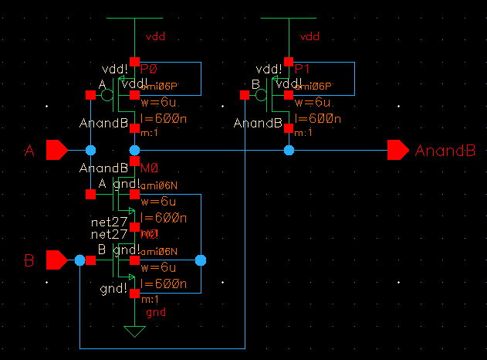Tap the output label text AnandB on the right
coord(445,151)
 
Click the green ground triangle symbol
coord(135,331)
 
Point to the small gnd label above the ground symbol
coord(155,312)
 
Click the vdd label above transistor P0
coord(156,36)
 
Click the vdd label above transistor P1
coord(309,36)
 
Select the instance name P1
coord(303,69)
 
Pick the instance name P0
coord(149,69)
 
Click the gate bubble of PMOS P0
coord(107,96)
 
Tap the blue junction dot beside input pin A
coord(90,150)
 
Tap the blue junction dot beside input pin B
coord(79,261)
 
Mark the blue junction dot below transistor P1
coord(289,150)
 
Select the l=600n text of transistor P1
coord(318,119)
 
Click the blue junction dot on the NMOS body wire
coord(201,261)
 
